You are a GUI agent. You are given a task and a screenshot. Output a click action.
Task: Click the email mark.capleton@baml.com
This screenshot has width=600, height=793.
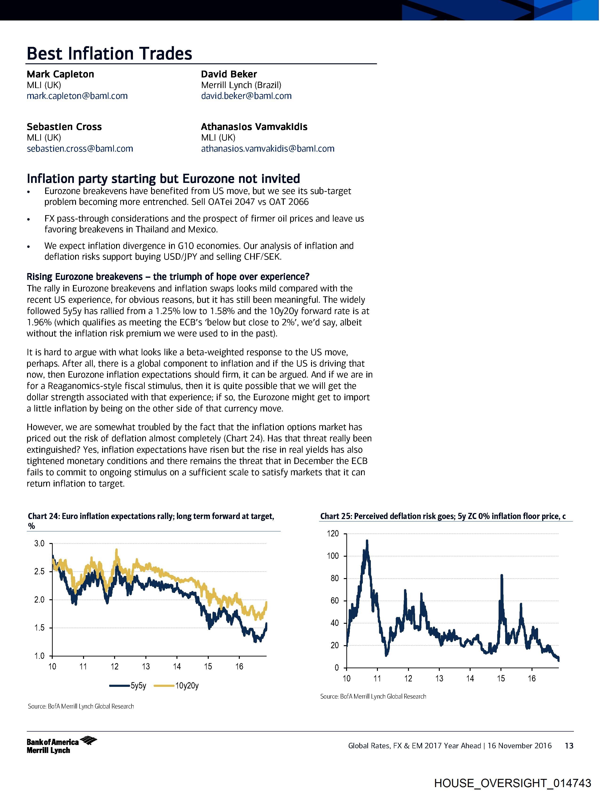[77, 96]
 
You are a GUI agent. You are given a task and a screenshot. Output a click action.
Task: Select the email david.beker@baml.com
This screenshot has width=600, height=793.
[246, 96]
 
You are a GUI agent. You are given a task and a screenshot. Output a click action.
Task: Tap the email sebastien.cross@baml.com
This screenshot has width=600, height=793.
[80, 149]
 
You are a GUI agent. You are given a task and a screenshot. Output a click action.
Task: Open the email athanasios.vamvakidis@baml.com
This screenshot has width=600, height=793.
[267, 149]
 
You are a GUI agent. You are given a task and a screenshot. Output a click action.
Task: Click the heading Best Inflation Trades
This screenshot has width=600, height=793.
[109, 54]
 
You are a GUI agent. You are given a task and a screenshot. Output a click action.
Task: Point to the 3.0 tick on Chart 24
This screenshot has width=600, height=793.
[40, 543]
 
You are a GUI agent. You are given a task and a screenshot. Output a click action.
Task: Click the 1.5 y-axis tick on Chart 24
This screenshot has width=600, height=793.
[40, 628]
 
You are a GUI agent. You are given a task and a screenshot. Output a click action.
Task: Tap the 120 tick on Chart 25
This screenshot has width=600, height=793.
[333, 534]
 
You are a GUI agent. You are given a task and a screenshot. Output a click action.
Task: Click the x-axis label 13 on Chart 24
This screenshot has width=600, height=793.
[145, 667]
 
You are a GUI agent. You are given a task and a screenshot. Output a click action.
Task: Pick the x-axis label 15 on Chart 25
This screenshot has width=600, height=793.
[501, 679]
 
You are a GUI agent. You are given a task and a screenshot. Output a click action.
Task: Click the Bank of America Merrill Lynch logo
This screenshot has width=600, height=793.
[61, 746]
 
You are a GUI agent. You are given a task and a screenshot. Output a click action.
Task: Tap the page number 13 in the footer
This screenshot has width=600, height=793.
[569, 746]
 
